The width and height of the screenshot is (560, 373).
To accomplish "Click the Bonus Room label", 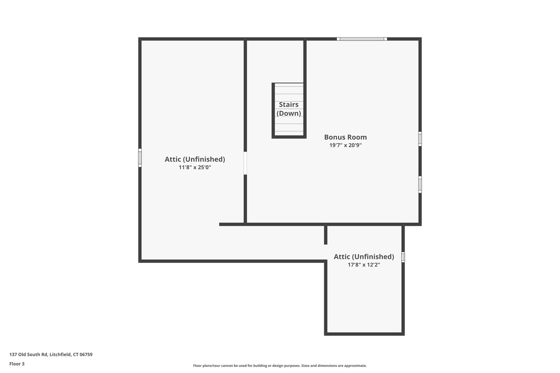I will coord(345,137).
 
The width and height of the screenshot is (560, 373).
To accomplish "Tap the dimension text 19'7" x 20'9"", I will coord(345,145).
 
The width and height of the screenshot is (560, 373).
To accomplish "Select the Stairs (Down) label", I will coord(289,109).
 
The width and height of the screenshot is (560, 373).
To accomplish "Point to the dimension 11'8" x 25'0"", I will coord(195,168).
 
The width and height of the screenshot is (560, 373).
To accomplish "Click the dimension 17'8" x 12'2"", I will coord(364,265).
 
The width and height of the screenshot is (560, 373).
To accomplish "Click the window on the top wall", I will coord(362,39).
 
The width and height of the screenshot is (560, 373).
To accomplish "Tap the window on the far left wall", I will coord(140,158).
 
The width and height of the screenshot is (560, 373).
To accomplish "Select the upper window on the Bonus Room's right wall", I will coord(420,139).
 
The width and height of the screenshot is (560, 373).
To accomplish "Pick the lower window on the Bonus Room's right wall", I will coord(420,184).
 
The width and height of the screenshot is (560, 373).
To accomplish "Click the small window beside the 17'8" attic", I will coord(403,257).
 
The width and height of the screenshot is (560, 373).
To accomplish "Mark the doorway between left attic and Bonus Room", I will coord(245,163).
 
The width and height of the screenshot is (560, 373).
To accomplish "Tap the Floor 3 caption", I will coord(17,364).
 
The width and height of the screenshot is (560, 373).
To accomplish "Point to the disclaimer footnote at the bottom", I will coord(280,365).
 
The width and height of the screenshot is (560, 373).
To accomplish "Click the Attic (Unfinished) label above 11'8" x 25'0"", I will coord(195,159).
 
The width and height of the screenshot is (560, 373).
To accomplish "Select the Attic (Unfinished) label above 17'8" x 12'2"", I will coord(364,257).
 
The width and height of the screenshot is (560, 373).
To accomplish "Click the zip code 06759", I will coord(86,354).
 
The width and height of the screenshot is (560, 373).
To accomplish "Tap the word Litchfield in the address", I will coord(60,354).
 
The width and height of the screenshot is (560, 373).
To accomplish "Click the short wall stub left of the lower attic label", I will coord(326,235).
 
